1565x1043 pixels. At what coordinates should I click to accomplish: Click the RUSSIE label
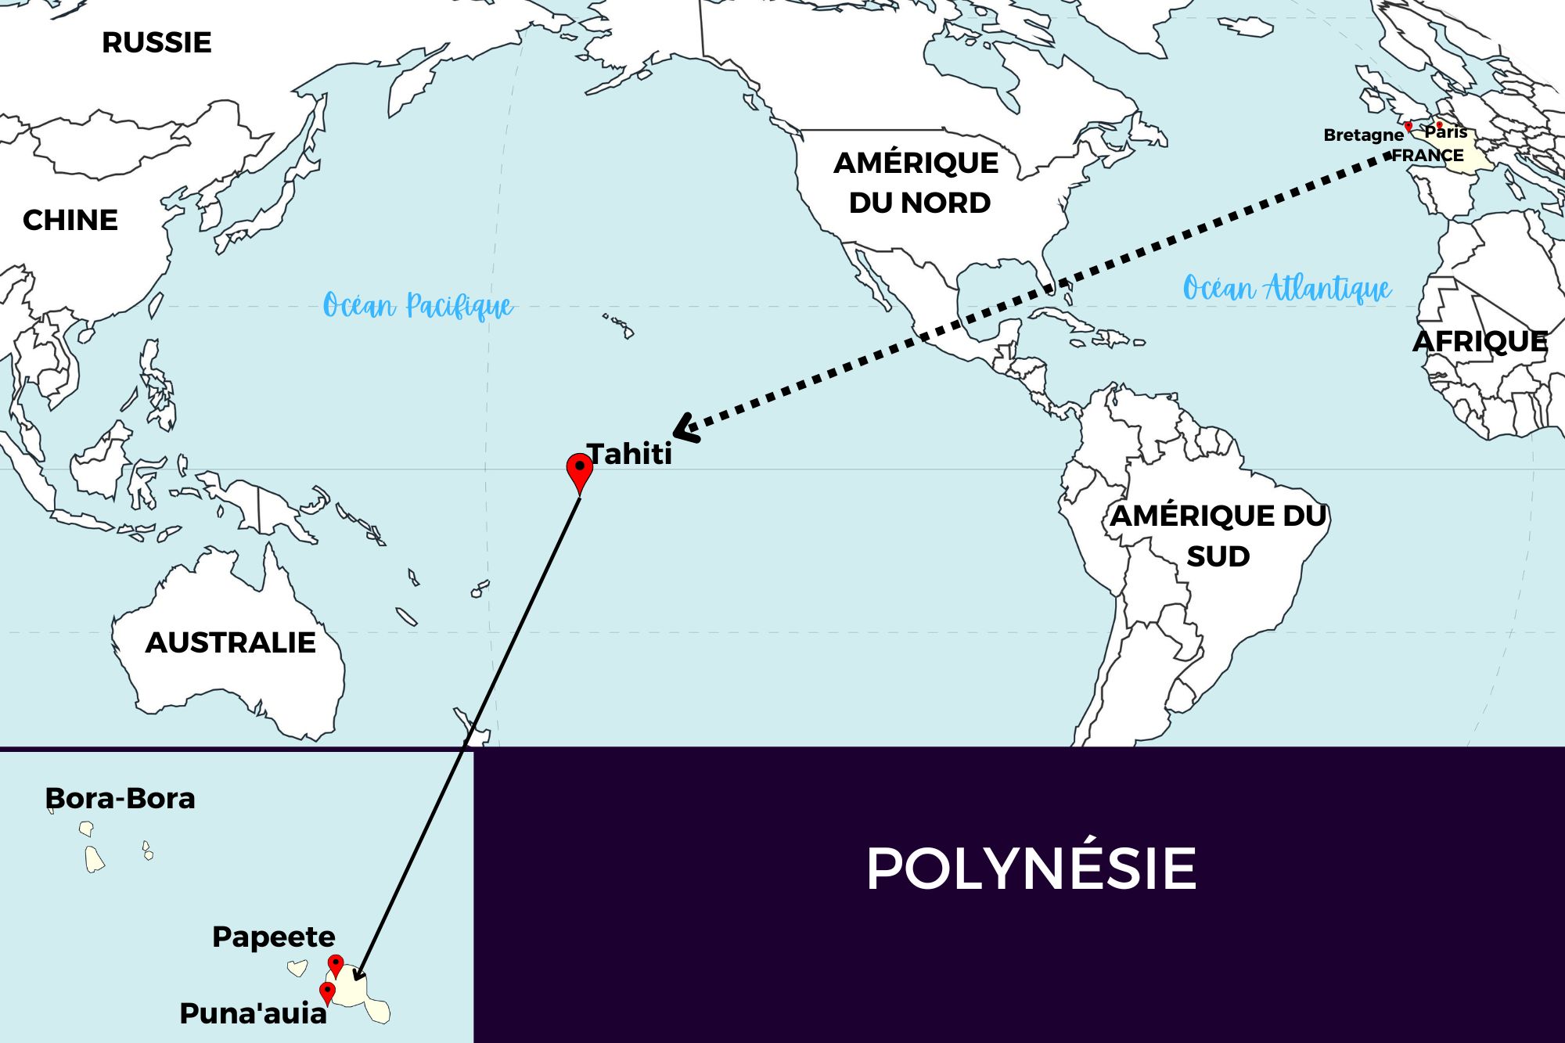tap(156, 42)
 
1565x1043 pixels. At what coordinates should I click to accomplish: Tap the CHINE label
tap(70, 220)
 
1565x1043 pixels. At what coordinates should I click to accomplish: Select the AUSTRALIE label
tap(231, 642)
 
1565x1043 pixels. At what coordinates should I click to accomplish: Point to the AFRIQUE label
tap(1480, 341)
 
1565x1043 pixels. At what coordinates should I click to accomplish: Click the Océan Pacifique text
tap(418, 305)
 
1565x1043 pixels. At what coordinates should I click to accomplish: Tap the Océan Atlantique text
tap(1287, 288)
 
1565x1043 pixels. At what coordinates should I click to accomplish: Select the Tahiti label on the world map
tap(630, 454)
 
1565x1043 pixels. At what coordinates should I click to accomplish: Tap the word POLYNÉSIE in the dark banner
tap(1031, 869)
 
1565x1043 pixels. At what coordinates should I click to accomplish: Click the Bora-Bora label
tap(121, 798)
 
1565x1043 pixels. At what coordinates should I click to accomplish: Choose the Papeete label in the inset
tap(274, 937)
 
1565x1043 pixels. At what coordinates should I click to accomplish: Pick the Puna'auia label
tap(253, 1013)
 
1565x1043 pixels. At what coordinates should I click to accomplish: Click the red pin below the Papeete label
tap(336, 965)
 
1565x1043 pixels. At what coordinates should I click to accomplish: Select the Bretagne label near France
tap(1363, 135)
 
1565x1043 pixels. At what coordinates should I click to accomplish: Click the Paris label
tap(1446, 132)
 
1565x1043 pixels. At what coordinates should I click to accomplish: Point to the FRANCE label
tap(1428, 155)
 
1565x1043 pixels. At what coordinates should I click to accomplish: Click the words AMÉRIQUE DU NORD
tap(917, 182)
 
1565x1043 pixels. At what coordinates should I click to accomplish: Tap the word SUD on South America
tap(1218, 556)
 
